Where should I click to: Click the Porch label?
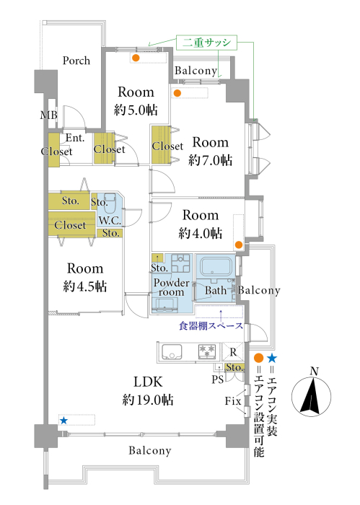pos(76,61)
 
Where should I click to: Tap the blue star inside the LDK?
pos(63,421)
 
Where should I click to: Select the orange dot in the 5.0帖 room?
pos(136,58)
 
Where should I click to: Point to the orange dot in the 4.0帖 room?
pos(238,245)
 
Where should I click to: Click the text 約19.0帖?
pos(148,400)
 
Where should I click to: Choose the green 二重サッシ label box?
pos(206,43)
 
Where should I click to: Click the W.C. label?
pos(110,221)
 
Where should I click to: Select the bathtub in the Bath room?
pos(216,265)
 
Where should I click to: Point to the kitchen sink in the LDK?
pos(172,352)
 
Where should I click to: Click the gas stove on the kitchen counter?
pos(207,352)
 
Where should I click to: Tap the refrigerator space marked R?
pos(233,352)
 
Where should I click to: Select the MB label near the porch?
pos(49,115)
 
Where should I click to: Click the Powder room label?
pos(171,287)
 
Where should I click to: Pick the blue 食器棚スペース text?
pos(211,326)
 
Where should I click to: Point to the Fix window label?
pos(233,401)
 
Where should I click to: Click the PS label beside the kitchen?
pos(217,379)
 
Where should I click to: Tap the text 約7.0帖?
pos(210,159)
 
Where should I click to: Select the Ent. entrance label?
pos(75,138)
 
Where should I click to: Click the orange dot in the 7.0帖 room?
pos(177,93)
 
